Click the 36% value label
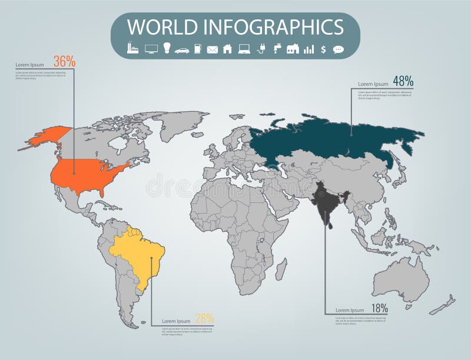(x=64, y=61)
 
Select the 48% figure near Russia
(x=403, y=81)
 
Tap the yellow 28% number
(x=204, y=318)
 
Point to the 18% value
(x=379, y=307)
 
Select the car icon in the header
(x=181, y=49)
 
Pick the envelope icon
(x=213, y=49)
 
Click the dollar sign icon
(x=323, y=49)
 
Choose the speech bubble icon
(x=338, y=49)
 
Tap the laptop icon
(x=244, y=49)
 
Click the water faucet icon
(x=276, y=49)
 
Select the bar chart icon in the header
(x=309, y=49)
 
